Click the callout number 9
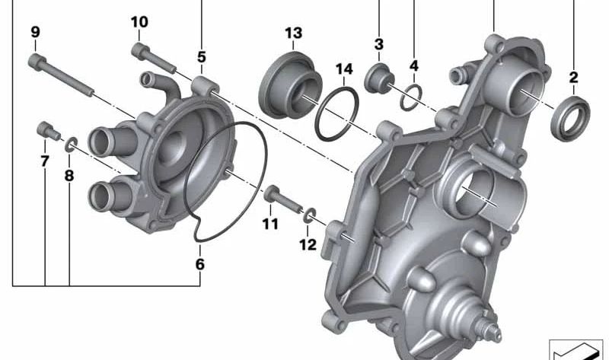(35, 32)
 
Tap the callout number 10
(139, 22)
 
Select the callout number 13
(294, 33)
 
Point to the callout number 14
(345, 69)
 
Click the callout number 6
(199, 264)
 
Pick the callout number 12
(308, 244)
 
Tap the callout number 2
(574, 78)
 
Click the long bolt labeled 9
(61, 75)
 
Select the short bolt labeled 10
(154, 59)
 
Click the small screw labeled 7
(49, 131)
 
